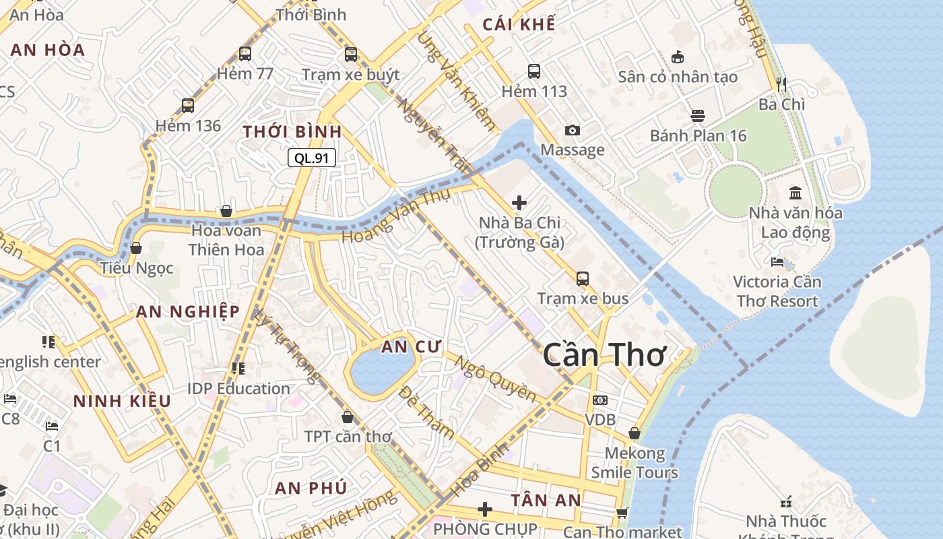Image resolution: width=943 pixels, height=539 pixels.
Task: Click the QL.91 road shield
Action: pyautogui.click(x=312, y=158)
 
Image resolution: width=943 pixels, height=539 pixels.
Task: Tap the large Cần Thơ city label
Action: pyautogui.click(x=604, y=354)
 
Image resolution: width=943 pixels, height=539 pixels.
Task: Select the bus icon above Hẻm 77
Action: pyautogui.click(x=245, y=54)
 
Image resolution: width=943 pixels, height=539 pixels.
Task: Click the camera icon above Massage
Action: pyautogui.click(x=573, y=130)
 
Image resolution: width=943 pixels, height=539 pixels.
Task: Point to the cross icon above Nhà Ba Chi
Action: pyautogui.click(x=519, y=202)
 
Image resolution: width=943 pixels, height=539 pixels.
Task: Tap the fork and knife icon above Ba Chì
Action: pyautogui.click(x=781, y=85)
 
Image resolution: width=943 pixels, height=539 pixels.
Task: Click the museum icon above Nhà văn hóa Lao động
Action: pyautogui.click(x=795, y=193)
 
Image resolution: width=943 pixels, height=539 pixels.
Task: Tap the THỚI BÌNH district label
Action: pyautogui.click(x=292, y=131)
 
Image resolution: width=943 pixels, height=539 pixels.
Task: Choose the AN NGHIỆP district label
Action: pyautogui.click(x=188, y=311)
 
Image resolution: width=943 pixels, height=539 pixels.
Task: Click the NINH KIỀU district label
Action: pyautogui.click(x=122, y=401)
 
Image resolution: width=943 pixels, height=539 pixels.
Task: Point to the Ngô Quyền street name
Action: pyautogui.click(x=495, y=379)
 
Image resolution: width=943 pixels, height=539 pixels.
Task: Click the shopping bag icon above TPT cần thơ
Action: pyautogui.click(x=348, y=417)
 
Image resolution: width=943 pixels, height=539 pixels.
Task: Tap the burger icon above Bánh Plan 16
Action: pyautogui.click(x=698, y=116)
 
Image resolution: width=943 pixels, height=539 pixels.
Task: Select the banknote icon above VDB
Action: pyautogui.click(x=600, y=400)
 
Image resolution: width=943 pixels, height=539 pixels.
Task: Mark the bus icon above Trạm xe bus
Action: pyautogui.click(x=583, y=278)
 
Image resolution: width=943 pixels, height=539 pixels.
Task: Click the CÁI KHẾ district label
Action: pyautogui.click(x=519, y=24)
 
